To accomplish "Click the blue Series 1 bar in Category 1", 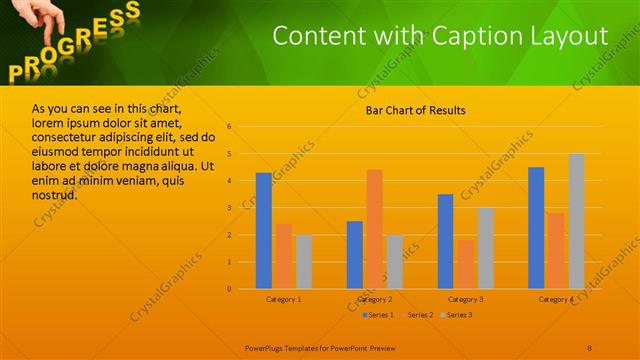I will pyautogui.click(x=264, y=231).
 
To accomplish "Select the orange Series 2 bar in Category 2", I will pyautogui.click(x=374, y=229).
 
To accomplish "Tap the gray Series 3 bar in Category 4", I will pyautogui.click(x=576, y=221).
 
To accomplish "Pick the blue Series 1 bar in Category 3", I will pyautogui.click(x=445, y=241).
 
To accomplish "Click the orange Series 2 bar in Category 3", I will pyautogui.click(x=465, y=264).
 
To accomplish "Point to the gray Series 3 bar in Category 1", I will pyautogui.click(x=303, y=262).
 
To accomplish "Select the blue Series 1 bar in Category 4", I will pyautogui.click(x=536, y=228).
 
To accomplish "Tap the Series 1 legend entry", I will pyautogui.click(x=377, y=315).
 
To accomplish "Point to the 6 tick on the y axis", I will pyautogui.click(x=229, y=127).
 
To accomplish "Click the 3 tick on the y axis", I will pyautogui.click(x=229, y=208).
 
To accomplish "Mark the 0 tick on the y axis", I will pyautogui.click(x=229, y=289).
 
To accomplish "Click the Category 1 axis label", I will pyautogui.click(x=284, y=299).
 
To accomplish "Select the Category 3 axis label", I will pyautogui.click(x=465, y=299).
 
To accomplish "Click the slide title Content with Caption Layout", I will pyautogui.click(x=440, y=36).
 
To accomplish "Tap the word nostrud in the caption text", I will pyautogui.click(x=55, y=194).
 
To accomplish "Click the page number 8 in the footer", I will pyautogui.click(x=589, y=347).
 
